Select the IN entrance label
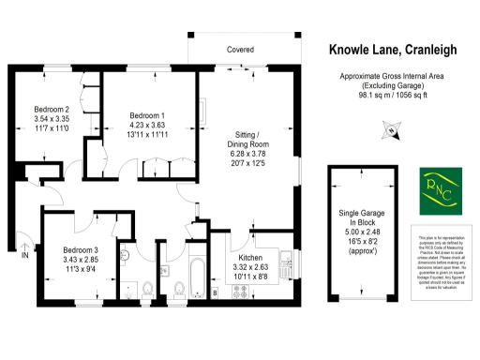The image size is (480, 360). (x=26, y=255)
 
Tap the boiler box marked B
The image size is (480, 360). (x=215, y=293)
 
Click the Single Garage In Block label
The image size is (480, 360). (x=361, y=220)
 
